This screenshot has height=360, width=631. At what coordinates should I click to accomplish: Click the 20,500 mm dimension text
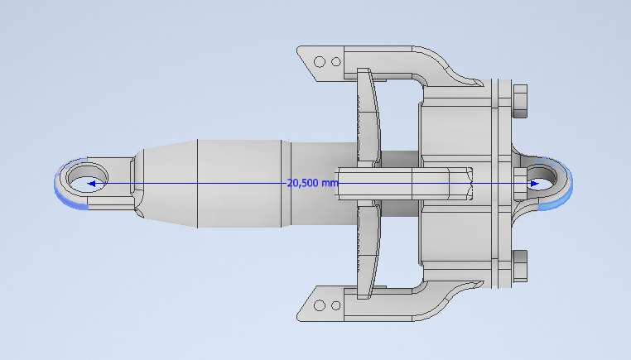pos(312,183)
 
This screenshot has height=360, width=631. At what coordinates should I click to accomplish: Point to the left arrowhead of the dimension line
pos(93,184)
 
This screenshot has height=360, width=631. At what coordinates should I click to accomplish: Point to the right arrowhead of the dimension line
pos(535,184)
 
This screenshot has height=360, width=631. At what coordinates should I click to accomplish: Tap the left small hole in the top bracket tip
pos(320,60)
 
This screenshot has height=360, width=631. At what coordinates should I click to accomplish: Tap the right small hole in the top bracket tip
pos(335,61)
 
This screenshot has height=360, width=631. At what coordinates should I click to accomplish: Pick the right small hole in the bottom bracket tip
pos(335,305)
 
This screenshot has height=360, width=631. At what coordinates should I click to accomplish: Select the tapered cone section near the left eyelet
pos(166,183)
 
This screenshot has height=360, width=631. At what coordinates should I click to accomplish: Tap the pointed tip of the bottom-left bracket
pos(300,315)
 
